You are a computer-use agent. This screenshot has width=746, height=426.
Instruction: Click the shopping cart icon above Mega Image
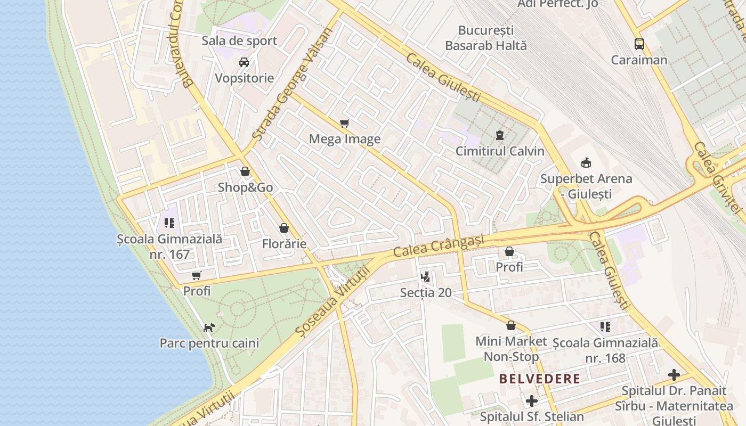click(x=345, y=124)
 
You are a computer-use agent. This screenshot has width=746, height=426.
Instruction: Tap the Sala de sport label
click(x=239, y=41)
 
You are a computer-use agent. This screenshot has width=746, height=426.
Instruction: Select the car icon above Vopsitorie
click(x=244, y=62)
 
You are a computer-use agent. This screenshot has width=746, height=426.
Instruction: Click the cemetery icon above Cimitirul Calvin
click(x=500, y=135)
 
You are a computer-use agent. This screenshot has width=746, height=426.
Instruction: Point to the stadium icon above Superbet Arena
click(x=586, y=162)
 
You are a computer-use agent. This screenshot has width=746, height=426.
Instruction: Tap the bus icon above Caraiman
click(x=639, y=44)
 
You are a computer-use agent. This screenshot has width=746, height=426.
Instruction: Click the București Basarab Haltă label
click(x=486, y=38)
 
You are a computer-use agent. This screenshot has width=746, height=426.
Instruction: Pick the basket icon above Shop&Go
click(x=245, y=171)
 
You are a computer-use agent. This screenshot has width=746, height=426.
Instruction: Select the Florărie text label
click(x=284, y=244)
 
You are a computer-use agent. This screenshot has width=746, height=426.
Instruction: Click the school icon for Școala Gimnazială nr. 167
click(x=169, y=223)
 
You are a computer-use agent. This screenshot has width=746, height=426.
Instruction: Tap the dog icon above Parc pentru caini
click(x=209, y=327)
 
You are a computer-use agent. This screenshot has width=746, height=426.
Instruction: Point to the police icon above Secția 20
click(x=425, y=276)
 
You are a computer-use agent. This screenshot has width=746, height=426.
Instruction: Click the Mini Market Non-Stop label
click(x=511, y=349)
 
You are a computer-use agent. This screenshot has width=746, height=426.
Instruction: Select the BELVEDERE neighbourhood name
click(x=539, y=379)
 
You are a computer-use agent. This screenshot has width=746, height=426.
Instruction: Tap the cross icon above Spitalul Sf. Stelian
click(x=532, y=400)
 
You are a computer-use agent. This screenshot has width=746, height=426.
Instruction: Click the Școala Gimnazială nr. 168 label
click(x=605, y=350)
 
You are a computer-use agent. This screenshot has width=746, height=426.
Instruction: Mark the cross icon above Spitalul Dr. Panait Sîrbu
click(x=674, y=375)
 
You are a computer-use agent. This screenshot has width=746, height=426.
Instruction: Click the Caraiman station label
click(x=639, y=60)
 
